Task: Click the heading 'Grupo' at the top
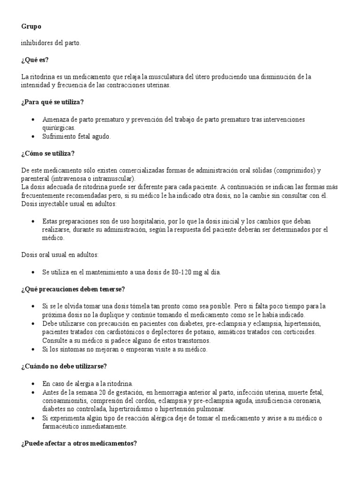pos(31,27)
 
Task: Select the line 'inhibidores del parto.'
pos(51,43)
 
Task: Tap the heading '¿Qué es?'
pos(35,60)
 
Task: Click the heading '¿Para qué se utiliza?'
pos(52,102)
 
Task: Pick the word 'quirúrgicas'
pos(58,127)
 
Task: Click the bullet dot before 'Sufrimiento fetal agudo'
pos(32,136)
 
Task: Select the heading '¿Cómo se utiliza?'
pos(47,153)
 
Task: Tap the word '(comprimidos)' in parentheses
pos(292,170)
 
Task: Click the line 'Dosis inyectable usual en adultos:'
pos(68,204)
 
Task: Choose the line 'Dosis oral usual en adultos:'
pos(60,255)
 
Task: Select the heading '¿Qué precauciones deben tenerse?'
pos(72,289)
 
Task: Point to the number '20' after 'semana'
pos(104,392)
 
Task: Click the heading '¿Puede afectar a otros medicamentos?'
pos(79,443)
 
